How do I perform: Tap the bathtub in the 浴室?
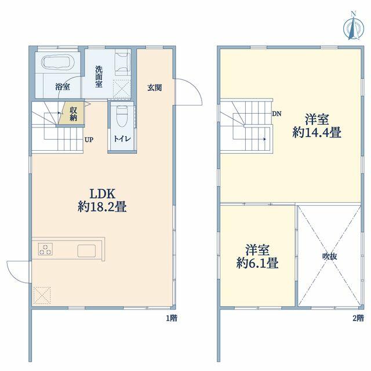(x=58, y=62)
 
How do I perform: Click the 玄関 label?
(x=155, y=88)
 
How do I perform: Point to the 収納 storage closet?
(x=71, y=113)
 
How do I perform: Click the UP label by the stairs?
(x=89, y=140)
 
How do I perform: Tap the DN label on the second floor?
(x=277, y=114)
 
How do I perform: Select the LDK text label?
(x=102, y=194)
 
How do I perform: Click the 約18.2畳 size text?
(x=102, y=208)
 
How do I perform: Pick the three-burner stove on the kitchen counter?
(x=45, y=249)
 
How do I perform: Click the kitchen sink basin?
(x=86, y=250)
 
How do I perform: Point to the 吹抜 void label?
(x=330, y=256)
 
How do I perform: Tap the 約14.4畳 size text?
(x=317, y=132)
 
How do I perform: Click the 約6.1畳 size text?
(x=257, y=263)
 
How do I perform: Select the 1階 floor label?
(x=172, y=318)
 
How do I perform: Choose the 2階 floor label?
(x=358, y=318)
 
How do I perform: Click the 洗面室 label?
(x=99, y=77)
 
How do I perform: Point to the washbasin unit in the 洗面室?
(x=123, y=64)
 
